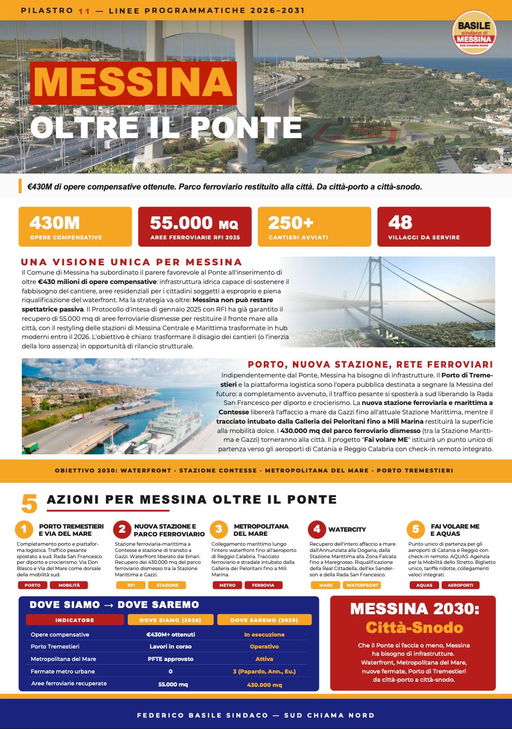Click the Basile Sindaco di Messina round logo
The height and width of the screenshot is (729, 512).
(474, 32)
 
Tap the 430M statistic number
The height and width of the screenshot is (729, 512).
(55, 223)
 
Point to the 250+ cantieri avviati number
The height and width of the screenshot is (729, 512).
(291, 223)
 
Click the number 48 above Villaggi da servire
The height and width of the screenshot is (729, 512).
(400, 222)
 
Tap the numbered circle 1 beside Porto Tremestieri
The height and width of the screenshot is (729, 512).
(24, 530)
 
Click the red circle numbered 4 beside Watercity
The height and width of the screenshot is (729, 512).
(317, 530)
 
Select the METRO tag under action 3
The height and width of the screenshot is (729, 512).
(227, 585)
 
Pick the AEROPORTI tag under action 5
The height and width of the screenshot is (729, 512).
(460, 585)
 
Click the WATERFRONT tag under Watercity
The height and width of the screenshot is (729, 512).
(362, 585)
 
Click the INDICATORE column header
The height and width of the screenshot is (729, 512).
(75, 620)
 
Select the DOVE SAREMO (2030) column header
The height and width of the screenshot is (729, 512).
(264, 620)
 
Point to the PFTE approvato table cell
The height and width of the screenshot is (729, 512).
(170, 659)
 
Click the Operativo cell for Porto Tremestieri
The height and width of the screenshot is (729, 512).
(264, 646)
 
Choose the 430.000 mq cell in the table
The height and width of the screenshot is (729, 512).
(264, 684)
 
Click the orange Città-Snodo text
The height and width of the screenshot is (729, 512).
(414, 627)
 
